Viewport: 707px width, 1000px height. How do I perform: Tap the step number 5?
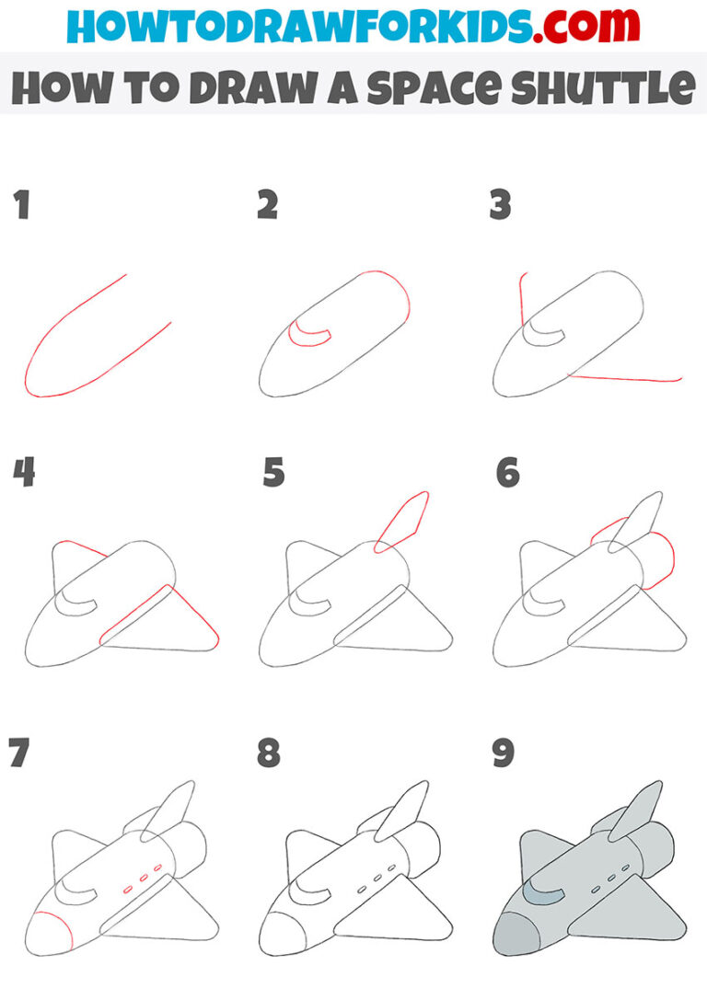[273, 474]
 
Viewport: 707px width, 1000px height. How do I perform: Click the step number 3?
[500, 206]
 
